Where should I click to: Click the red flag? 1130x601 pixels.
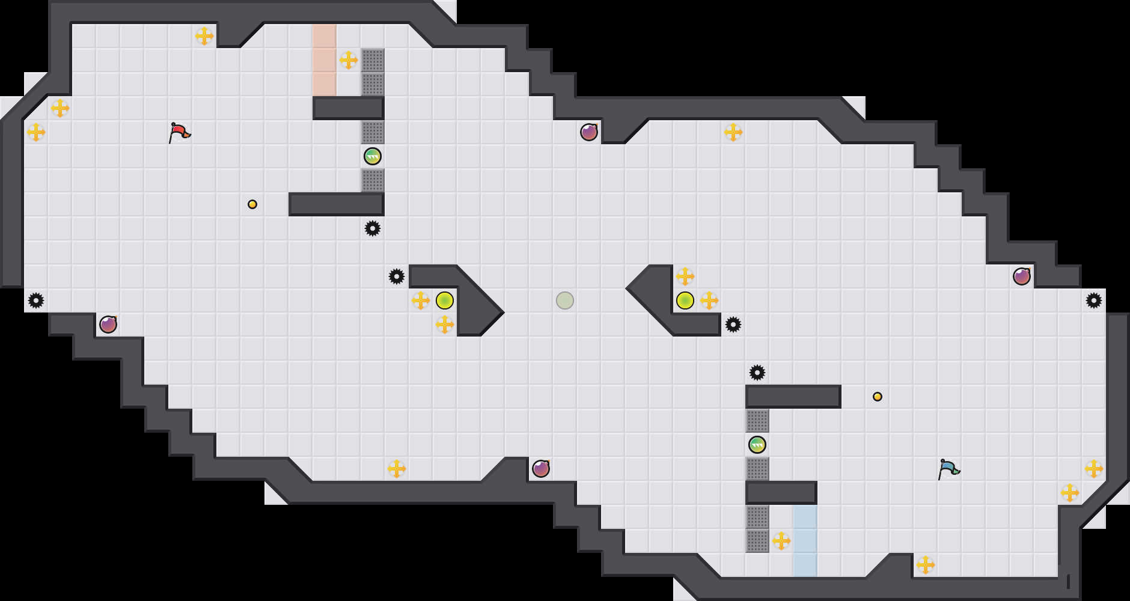click(179, 132)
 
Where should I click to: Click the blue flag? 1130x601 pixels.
click(948, 469)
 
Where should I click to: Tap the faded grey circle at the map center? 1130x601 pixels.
click(565, 300)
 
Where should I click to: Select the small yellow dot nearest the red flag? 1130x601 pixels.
click(252, 204)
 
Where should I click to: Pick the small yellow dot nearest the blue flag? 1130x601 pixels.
click(878, 397)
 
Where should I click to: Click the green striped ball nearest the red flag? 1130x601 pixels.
click(373, 156)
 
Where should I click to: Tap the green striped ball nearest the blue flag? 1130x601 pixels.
click(757, 445)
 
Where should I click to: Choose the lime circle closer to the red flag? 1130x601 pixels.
click(445, 300)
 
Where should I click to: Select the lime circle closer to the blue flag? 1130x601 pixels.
click(685, 300)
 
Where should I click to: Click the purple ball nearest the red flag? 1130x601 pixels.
click(108, 325)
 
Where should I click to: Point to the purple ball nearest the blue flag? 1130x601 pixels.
click(1022, 276)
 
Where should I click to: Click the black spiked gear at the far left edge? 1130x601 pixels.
click(36, 300)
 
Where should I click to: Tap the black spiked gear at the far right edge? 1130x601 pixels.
click(1094, 300)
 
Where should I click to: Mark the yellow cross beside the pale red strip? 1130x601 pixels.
click(349, 60)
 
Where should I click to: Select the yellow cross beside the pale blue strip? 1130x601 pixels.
click(781, 541)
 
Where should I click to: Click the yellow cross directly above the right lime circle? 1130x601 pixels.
click(685, 276)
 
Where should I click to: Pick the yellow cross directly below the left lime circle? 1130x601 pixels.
click(445, 325)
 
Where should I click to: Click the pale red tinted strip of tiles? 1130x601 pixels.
click(325, 60)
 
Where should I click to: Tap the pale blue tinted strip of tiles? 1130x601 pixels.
click(805, 541)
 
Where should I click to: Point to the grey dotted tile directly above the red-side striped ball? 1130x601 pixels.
click(373, 132)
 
